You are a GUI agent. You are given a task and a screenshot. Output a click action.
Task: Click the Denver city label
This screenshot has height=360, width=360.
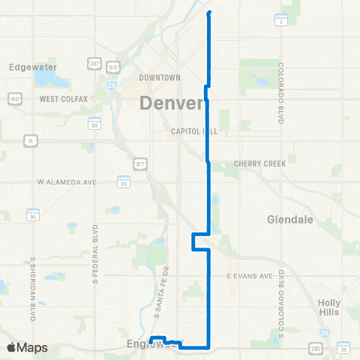pos(172,103)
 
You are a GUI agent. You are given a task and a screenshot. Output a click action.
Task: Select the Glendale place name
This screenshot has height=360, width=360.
pos(289,219)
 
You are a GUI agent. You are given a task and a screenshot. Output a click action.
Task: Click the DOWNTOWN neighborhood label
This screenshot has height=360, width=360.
pos(160,78)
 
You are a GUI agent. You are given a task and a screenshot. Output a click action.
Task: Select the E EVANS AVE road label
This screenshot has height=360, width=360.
pos(250,276)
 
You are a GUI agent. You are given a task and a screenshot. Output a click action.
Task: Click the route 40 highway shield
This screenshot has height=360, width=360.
pos(16,98)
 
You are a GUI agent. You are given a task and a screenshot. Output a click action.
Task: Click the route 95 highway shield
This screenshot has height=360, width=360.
pos(32,215)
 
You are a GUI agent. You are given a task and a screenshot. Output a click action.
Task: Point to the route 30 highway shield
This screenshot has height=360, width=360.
pos(343,349)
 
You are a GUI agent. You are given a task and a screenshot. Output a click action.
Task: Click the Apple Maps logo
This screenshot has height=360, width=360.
pos(27,348)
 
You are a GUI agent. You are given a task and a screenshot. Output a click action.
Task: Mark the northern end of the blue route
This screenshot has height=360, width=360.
pos(208,13)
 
